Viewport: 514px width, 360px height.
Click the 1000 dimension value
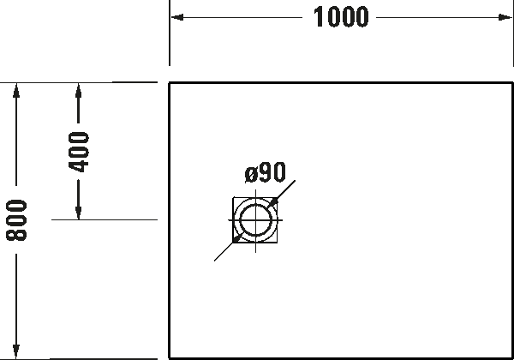(x=341, y=17)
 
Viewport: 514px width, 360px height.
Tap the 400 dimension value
(x=78, y=152)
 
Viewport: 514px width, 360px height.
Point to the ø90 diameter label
(x=265, y=172)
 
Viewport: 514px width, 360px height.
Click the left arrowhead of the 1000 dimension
(x=176, y=17)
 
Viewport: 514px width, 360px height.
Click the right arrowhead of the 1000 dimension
(x=506, y=17)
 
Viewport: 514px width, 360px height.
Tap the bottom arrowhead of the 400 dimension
(x=78, y=213)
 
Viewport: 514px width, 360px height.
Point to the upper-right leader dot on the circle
(x=273, y=202)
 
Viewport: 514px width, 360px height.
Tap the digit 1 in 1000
(x=319, y=17)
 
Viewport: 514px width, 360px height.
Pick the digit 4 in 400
(x=78, y=165)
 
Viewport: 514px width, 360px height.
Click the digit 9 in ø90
(x=265, y=172)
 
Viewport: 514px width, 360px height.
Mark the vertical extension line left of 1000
(x=170, y=39)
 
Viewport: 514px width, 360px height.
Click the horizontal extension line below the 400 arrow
(x=103, y=220)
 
